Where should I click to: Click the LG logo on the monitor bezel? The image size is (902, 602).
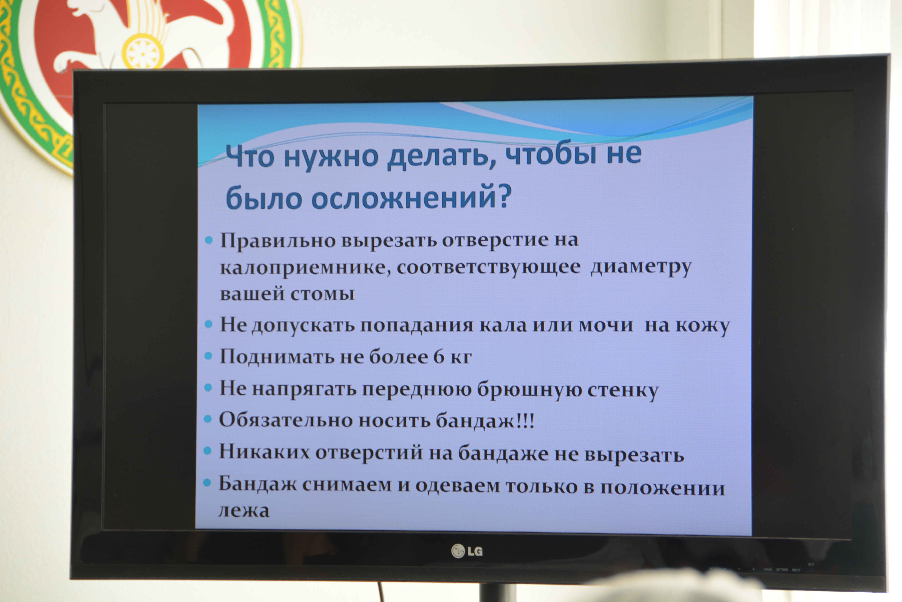tap(467, 551)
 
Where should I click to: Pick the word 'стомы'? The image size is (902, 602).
tap(322, 294)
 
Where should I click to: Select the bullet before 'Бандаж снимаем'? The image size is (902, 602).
tap(207, 483)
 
